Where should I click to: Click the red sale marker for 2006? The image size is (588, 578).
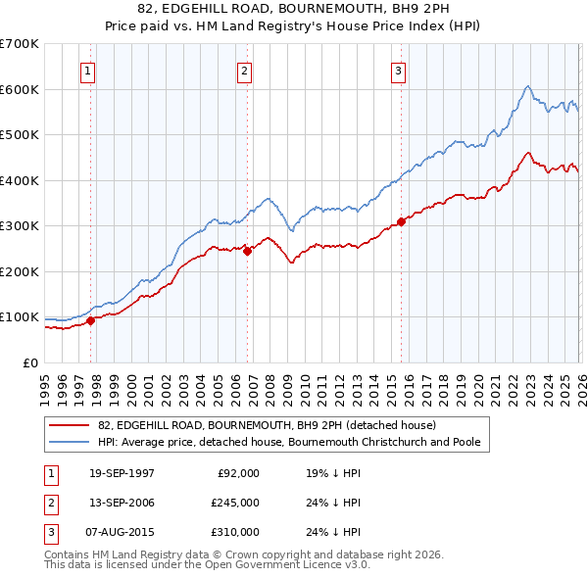click(x=247, y=251)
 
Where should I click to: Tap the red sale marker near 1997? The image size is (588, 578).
click(x=91, y=319)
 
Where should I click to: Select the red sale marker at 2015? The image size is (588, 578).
click(x=401, y=221)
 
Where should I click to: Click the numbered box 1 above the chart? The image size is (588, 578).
click(x=88, y=70)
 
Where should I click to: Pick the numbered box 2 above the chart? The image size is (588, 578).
click(x=244, y=70)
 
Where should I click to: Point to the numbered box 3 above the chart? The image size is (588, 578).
click(x=399, y=70)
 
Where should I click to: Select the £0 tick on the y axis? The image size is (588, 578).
click(x=29, y=362)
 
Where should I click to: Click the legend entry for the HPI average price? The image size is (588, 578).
click(x=288, y=443)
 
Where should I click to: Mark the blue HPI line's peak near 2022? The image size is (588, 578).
click(x=527, y=86)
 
